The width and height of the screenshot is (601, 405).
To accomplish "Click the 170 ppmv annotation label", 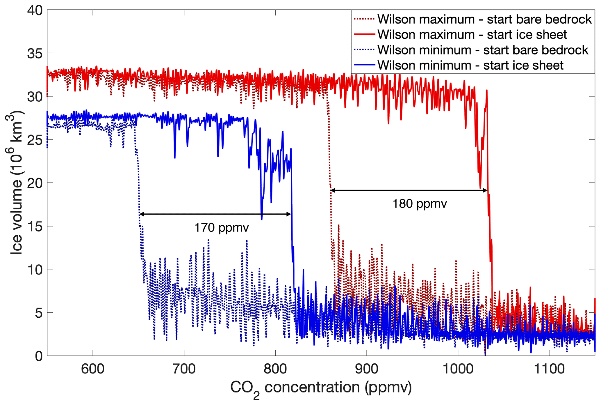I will pyautogui.click(x=221, y=228).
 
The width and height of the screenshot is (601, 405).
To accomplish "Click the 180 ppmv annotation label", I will pyautogui.click(x=419, y=204).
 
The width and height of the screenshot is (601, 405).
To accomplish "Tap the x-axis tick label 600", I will pyautogui.click(x=92, y=369).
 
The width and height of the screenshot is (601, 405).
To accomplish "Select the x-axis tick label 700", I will pyautogui.click(x=184, y=369).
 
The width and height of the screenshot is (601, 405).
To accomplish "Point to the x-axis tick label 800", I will pyautogui.click(x=275, y=369).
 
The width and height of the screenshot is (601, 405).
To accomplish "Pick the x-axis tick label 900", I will pyautogui.click(x=366, y=369).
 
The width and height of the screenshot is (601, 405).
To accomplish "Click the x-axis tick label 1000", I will pyautogui.click(x=458, y=369).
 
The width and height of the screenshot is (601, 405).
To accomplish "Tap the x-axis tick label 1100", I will pyautogui.click(x=549, y=369).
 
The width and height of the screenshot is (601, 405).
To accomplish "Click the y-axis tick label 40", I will pyautogui.click(x=35, y=11).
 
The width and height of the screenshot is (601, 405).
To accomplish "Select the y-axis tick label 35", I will pyautogui.click(x=35, y=54).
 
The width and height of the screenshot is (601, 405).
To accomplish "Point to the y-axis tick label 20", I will pyautogui.click(x=35, y=183).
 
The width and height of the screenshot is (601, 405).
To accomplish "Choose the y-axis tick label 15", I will pyautogui.click(x=35, y=227).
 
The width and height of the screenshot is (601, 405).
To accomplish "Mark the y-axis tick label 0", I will pyautogui.click(x=39, y=356).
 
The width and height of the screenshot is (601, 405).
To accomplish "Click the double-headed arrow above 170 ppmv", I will pyautogui.click(x=215, y=214).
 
